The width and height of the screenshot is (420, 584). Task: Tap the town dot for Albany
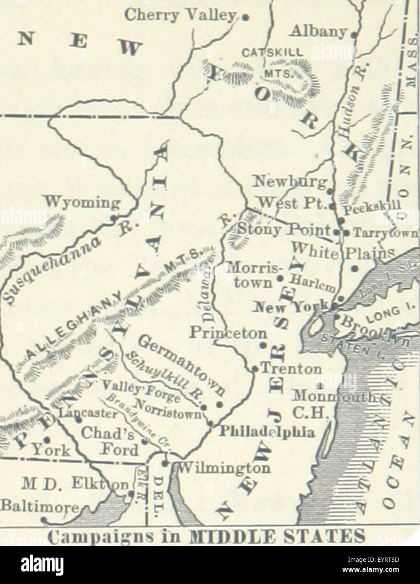[x=354, y=35]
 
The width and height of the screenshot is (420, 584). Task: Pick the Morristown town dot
[x=280, y=278]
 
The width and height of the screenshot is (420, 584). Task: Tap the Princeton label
[x=228, y=332]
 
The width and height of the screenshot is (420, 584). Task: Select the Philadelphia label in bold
[x=267, y=431]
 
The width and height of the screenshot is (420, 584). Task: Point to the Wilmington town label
[x=223, y=467]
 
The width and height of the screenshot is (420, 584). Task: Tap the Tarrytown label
[x=386, y=232]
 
